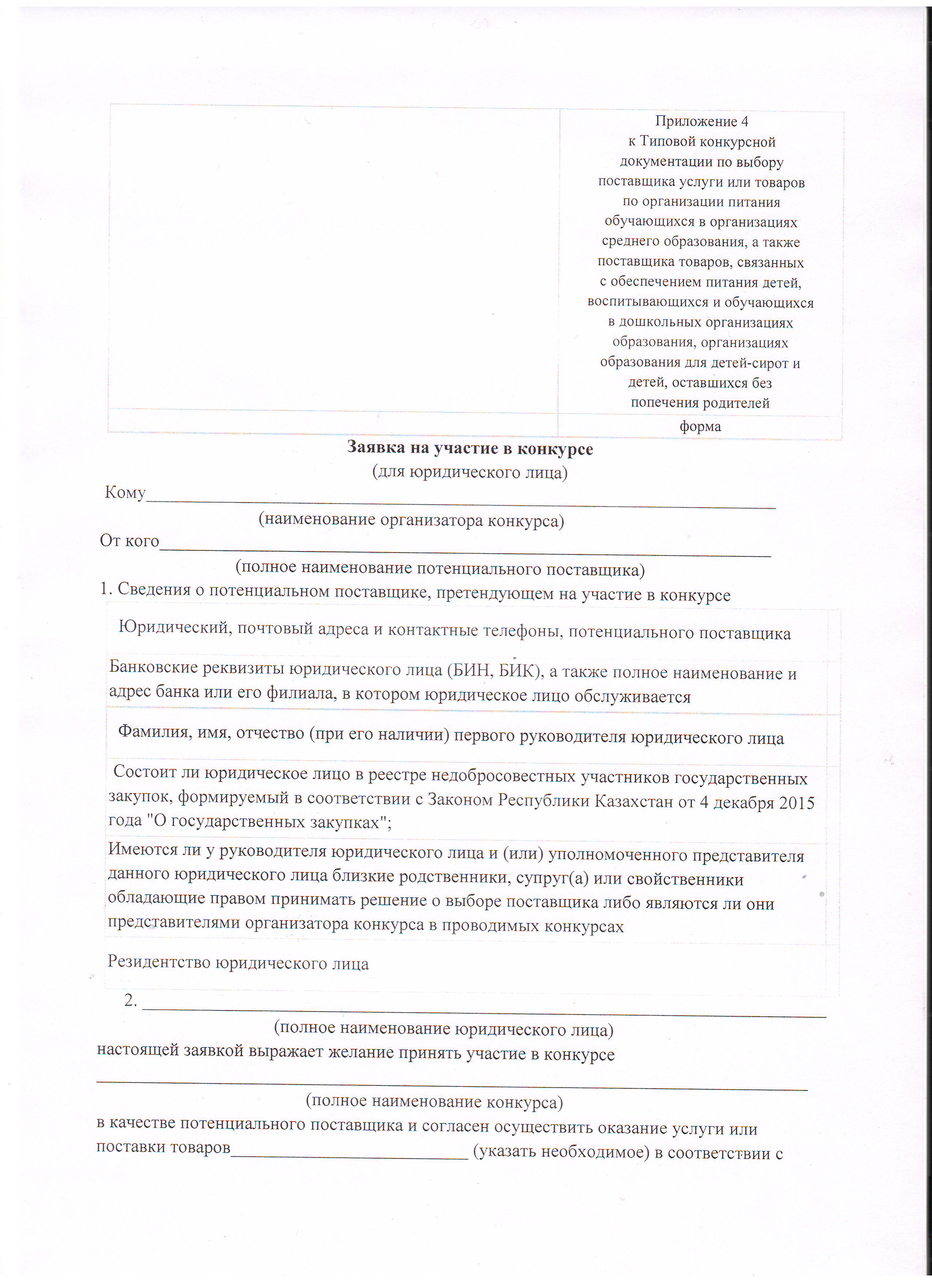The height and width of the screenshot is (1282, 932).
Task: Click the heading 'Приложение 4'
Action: (x=701, y=122)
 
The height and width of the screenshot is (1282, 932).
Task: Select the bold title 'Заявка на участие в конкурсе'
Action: (x=470, y=449)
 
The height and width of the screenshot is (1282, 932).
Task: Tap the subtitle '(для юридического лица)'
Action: (x=470, y=472)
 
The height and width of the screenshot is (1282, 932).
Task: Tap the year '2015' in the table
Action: (x=796, y=803)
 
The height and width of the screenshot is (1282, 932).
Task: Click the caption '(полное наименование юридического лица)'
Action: (x=444, y=1029)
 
